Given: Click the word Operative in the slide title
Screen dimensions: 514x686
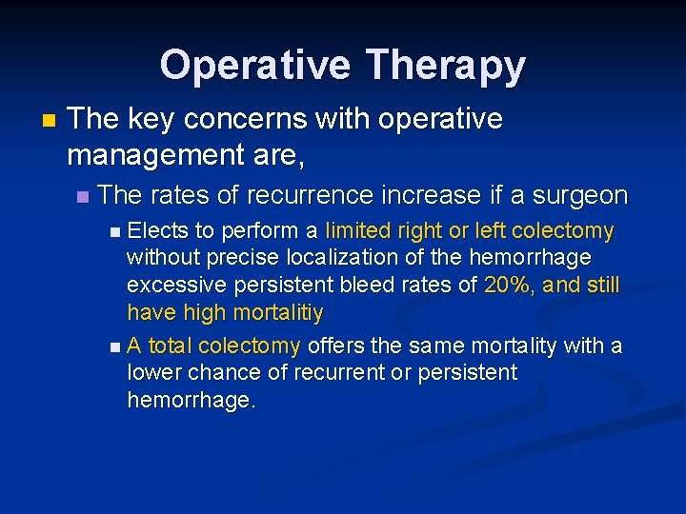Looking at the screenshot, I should pos(254,66).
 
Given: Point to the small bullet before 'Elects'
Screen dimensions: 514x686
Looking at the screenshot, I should pos(115,231).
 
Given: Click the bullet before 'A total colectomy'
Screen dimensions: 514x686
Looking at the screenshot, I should pos(115,346).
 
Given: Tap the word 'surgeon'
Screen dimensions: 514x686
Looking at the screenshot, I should pos(579,195).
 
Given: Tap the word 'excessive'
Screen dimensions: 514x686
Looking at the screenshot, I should pos(172,285).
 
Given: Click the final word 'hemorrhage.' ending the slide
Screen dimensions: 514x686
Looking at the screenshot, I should pos(192,401).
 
